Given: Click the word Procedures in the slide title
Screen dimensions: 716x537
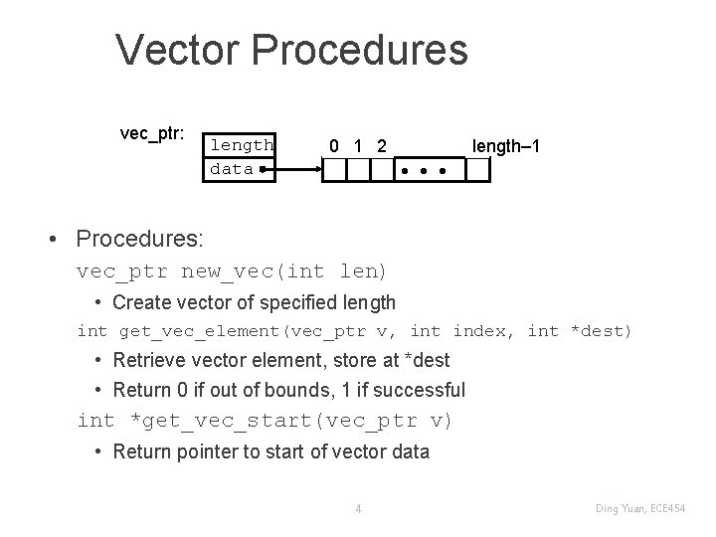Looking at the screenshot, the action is pos(359,50).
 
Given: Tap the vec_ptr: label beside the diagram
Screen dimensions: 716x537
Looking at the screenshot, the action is pos(152,134).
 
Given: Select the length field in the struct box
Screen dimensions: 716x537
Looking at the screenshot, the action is pos(241,145).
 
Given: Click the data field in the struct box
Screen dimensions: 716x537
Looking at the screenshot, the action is pos(232,169).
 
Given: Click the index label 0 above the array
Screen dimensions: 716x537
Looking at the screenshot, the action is pos(335,146).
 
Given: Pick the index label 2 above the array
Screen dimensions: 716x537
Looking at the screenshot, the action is pos(381,146).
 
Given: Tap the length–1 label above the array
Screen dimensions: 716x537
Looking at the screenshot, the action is pos(506,146).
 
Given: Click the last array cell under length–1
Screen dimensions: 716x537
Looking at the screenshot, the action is pos(478,171).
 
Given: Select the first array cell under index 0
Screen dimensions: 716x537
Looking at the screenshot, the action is pos(334,171).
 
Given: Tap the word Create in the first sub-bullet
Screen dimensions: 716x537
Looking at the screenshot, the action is pos(141,301).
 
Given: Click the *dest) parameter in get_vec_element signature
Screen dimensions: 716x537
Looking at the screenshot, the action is pos(599,330).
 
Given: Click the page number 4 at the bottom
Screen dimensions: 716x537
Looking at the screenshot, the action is pos(358,510).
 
